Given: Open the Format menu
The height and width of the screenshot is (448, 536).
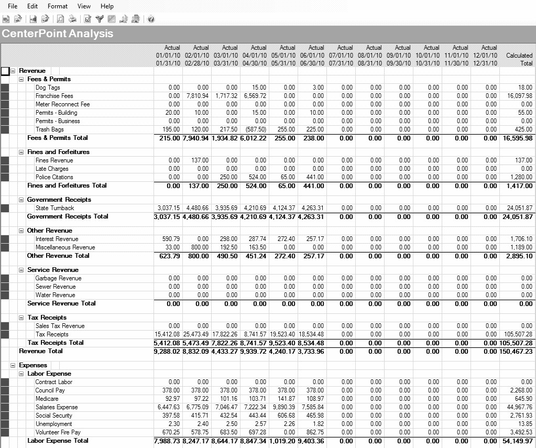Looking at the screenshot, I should coord(57,6).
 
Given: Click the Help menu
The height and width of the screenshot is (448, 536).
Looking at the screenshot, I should coord(107,6).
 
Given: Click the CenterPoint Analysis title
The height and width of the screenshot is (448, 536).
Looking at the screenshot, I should coord(57,34).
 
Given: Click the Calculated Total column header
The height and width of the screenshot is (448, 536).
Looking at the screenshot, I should coord(519,59).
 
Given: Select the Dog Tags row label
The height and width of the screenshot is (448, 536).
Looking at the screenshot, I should coord(48,88).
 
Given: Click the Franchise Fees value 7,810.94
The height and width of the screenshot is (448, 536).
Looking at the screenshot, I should coord(197,96).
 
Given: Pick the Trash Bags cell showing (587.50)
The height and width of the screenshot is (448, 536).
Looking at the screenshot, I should coord(255,129).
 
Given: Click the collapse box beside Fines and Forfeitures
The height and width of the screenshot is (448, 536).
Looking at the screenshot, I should coord(21,152).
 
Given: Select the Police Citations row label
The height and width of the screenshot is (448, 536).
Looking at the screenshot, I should coord(54,177).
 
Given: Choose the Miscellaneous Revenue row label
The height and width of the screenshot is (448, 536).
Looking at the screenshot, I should coord(65,247).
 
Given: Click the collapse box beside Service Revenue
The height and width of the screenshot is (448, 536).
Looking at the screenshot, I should coord(21,270).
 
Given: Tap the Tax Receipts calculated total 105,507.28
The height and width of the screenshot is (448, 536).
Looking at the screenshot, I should coord(516,334).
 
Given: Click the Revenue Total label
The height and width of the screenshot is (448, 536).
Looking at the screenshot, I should coord(41,351).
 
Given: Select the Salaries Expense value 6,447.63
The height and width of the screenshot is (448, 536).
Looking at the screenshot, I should coord(169,407).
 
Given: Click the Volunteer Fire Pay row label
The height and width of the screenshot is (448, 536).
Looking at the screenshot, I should coord(58,432).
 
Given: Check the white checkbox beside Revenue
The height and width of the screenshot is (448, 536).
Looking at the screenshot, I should coord(5,71).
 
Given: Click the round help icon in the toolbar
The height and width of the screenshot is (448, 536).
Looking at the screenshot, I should coord(151,19).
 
